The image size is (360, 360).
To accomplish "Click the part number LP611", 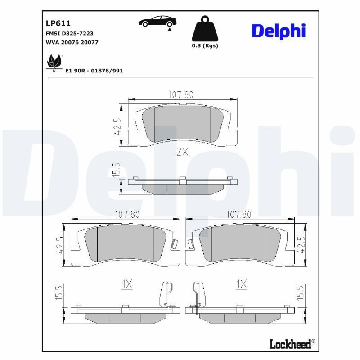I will [58, 23].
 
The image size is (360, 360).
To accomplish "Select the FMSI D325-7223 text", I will [70, 34].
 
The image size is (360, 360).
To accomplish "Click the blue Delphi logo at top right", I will [279, 31].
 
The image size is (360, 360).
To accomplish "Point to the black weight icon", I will [205, 29].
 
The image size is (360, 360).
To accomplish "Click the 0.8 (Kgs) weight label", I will [205, 46].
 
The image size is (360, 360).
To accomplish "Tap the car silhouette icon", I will [157, 22].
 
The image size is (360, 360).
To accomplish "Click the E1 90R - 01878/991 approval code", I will [94, 71].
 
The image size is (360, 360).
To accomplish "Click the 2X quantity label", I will [182, 152].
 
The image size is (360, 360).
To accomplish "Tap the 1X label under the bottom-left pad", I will [127, 284].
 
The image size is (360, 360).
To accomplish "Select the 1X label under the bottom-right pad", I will [242, 284].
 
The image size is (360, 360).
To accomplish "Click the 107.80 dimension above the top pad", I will [181, 94].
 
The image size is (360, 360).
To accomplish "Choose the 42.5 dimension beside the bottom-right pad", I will [302, 245].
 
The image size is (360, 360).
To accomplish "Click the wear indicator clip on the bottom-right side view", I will [197, 297].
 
